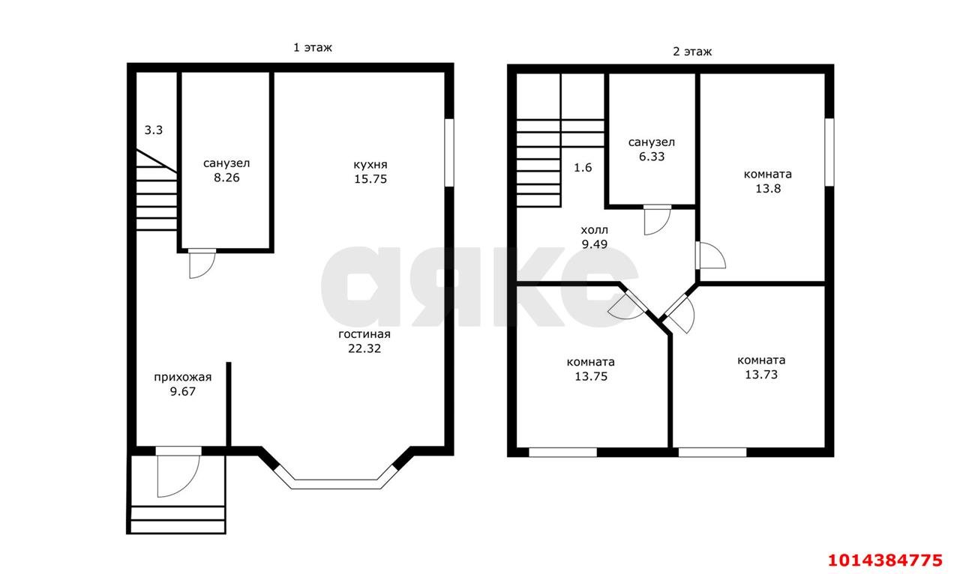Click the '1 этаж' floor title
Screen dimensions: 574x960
coord(312,47)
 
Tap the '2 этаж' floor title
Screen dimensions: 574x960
coord(691,52)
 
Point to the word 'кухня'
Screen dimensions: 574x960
coord(370,164)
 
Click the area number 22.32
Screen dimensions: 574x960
coord(364,348)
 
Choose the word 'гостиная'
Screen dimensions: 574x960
coord(364,334)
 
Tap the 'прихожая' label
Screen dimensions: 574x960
coord(183,377)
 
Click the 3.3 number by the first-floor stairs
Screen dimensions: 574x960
coord(154,130)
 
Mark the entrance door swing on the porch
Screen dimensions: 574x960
coord(177,474)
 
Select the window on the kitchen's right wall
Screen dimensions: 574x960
coord(449,151)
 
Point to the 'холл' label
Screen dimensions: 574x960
coord(594,230)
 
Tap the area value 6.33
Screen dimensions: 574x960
coord(652,157)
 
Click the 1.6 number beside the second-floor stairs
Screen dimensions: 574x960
coord(583,167)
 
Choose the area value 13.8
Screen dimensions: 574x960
coord(767,188)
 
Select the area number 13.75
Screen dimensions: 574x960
coord(591,376)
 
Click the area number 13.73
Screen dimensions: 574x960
coord(761,374)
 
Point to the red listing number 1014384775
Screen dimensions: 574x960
coord(884,559)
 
